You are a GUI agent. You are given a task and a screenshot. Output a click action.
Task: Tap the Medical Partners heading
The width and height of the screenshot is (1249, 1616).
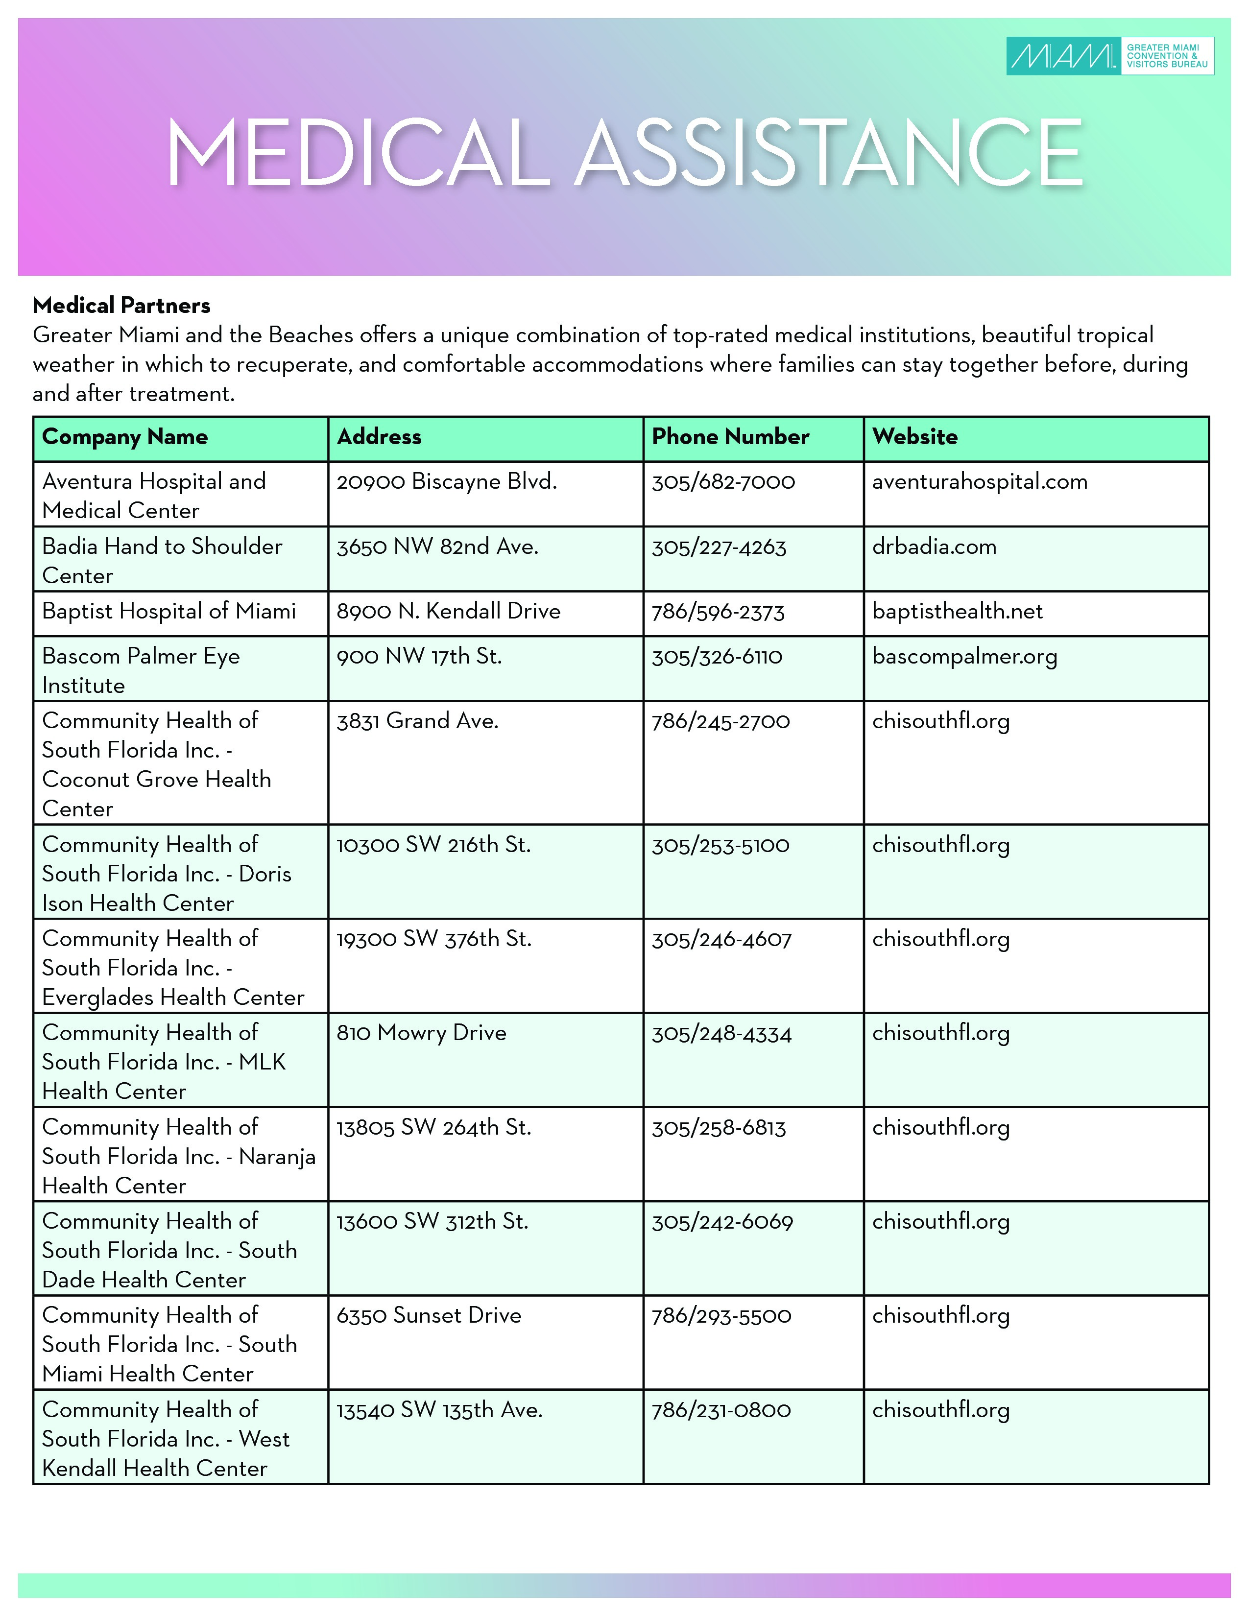tap(121, 306)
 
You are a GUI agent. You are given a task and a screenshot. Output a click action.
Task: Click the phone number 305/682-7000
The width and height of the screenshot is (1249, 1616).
tap(723, 482)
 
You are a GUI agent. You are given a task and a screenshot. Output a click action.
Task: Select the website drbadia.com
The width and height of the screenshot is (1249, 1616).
tap(934, 547)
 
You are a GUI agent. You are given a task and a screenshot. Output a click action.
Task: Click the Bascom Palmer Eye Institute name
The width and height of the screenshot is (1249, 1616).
tap(141, 670)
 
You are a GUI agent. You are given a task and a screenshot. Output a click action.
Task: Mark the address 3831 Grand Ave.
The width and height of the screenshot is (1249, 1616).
tap(417, 721)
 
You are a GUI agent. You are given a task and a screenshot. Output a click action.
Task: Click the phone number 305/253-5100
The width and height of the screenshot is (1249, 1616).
tap(720, 845)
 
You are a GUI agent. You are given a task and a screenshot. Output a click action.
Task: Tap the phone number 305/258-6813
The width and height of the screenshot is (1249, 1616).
tap(719, 1128)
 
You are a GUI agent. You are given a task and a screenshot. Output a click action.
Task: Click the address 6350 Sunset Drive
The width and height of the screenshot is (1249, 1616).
tap(429, 1316)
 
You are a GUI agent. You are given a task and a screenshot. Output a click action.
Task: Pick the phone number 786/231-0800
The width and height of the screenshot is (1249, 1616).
tap(721, 1410)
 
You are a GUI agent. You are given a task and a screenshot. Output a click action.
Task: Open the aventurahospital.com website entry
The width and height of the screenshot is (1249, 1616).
tap(980, 482)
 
